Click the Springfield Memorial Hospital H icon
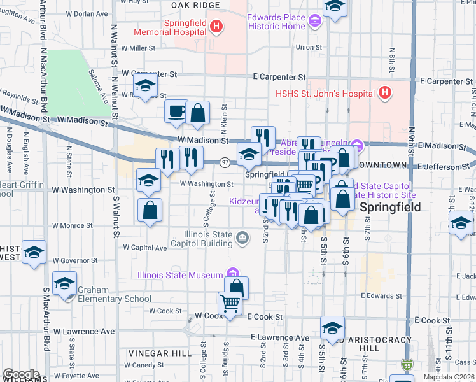tap(216, 27)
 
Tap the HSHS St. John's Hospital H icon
tap(384, 93)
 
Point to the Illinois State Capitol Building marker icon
tap(242, 238)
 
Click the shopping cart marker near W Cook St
tap(230, 302)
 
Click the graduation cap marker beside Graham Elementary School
tap(65, 284)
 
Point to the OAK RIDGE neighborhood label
tap(195, 5)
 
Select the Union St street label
tap(309, 46)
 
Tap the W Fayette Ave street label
tap(79, 376)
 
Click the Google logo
tap(21, 374)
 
